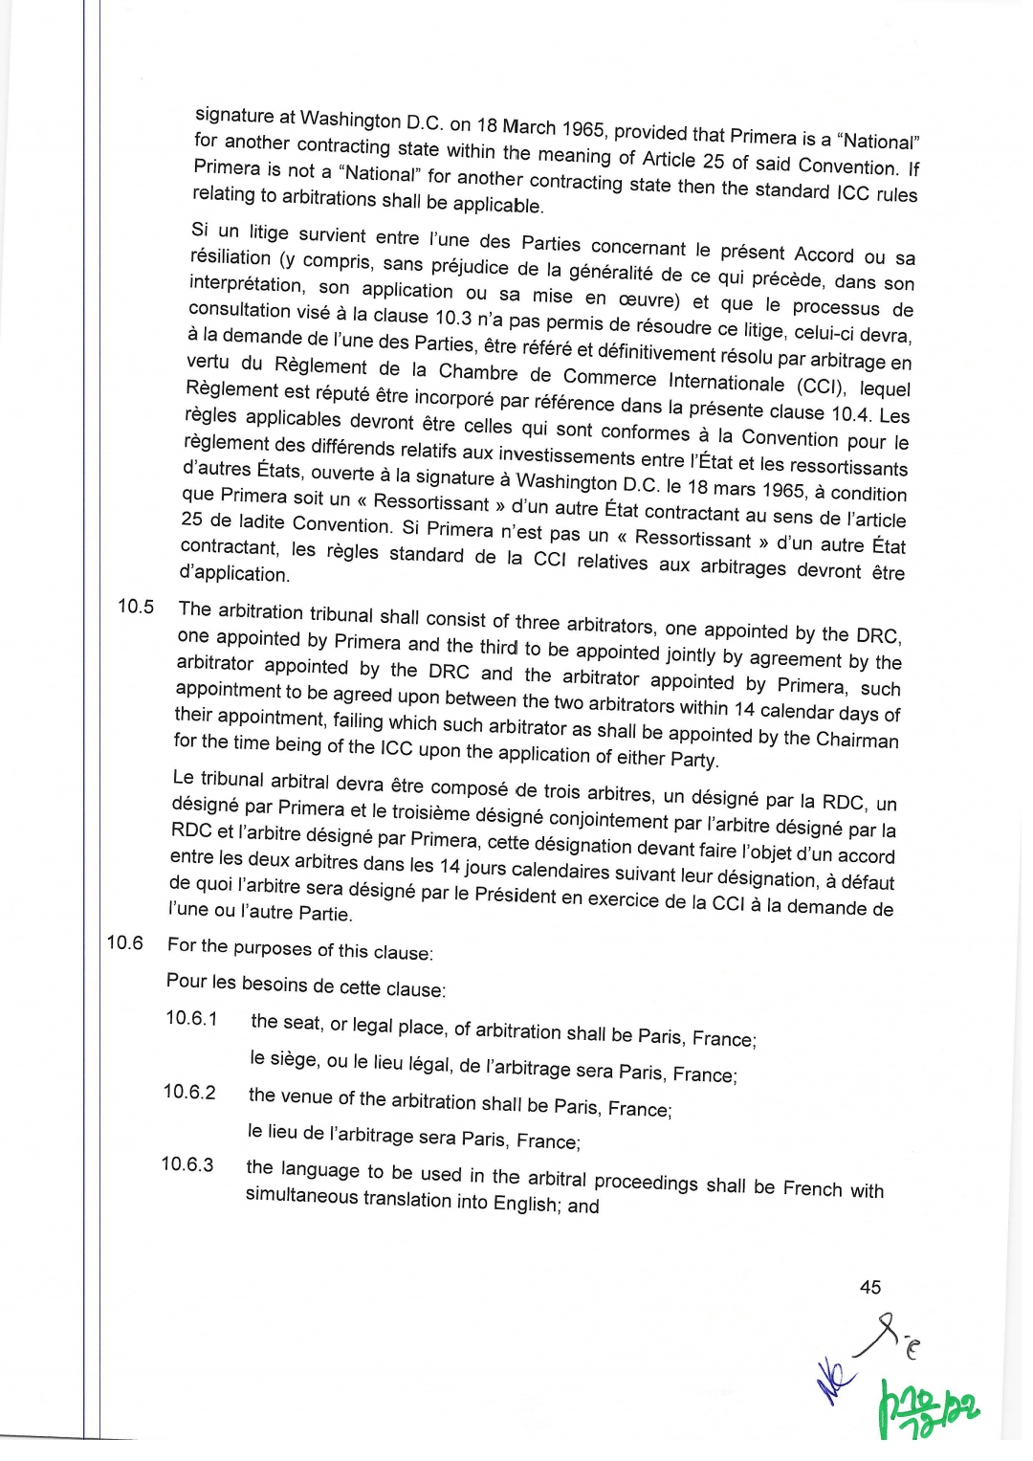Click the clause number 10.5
point(136,607)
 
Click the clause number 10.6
point(124,942)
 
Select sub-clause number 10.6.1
point(191,1018)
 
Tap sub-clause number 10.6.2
point(189,1092)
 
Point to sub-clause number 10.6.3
point(187,1164)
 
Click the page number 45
point(870,1287)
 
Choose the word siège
point(288,1059)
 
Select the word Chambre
point(478,372)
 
